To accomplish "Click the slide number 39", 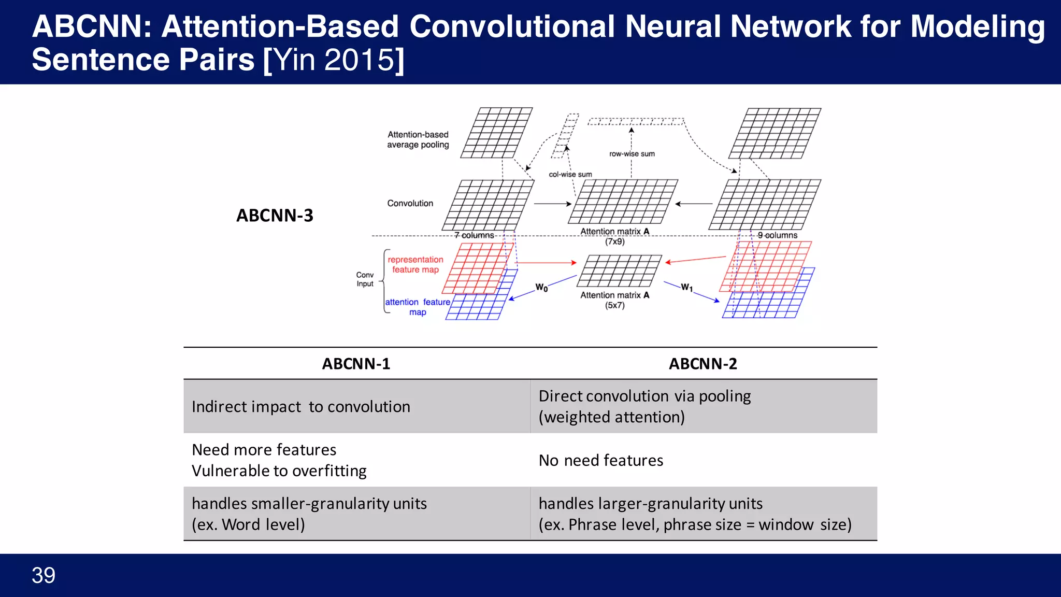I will click(44, 575).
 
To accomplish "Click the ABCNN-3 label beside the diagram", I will click(275, 216).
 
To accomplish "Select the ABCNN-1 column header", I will click(356, 364).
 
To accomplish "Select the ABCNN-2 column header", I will click(702, 364).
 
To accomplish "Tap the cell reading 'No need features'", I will click(601, 460).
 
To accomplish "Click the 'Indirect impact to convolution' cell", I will click(300, 407).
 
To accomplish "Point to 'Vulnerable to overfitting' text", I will click(279, 471).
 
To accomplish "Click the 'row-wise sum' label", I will click(632, 154).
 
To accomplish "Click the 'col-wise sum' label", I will click(570, 175).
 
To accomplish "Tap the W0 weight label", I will click(541, 287).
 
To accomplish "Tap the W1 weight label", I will click(686, 287).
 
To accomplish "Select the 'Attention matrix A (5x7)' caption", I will click(614, 300).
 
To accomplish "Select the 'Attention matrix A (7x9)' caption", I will click(614, 236).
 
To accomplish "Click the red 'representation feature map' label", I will click(415, 264).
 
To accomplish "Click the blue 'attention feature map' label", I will click(418, 307).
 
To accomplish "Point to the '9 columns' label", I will click(777, 235).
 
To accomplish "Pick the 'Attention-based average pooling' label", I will click(418, 139).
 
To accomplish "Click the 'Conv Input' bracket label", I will click(365, 279).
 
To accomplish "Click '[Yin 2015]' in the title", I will click(334, 60).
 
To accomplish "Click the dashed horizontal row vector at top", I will click(635, 122).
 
